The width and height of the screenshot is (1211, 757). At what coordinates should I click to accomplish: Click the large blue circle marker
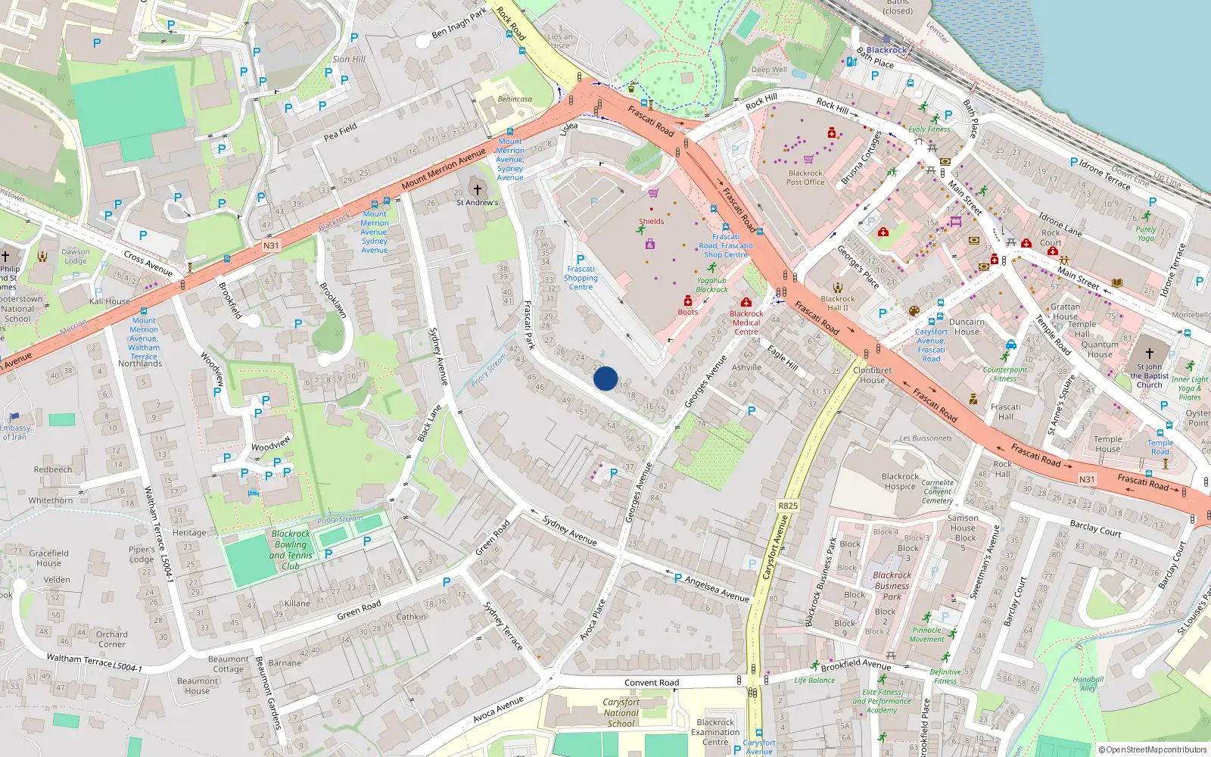[x=605, y=378]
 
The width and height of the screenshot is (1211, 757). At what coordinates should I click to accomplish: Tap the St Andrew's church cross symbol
[x=477, y=189]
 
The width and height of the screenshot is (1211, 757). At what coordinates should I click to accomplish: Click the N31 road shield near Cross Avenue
[x=271, y=245]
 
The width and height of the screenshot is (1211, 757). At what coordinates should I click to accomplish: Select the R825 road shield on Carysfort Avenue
[x=787, y=506]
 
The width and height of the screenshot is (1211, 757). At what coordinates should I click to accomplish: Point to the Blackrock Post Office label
[x=805, y=177]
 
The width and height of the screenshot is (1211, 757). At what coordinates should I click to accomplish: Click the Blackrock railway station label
[x=886, y=50]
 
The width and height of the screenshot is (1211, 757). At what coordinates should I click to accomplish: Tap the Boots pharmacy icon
[x=687, y=301]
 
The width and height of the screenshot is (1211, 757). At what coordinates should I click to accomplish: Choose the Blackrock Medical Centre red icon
[x=746, y=302]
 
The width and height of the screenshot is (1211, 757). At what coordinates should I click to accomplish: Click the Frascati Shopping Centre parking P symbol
[x=581, y=259]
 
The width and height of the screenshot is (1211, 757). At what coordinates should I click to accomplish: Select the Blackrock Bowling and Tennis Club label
[x=291, y=550]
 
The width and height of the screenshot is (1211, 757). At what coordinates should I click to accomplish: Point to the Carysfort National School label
[x=621, y=712]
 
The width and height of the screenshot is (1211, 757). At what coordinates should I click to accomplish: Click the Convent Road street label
[x=652, y=683]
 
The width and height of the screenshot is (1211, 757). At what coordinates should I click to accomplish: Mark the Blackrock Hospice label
[x=900, y=481]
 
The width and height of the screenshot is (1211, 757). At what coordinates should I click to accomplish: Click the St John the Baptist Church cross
[x=1149, y=354]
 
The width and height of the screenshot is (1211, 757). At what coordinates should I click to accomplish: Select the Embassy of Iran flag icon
[x=14, y=416]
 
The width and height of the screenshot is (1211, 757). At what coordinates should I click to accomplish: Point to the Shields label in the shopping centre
[x=651, y=222]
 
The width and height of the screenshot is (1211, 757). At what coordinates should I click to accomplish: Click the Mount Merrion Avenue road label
[x=444, y=169]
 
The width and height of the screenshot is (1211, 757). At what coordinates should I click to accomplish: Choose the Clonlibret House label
[x=872, y=375]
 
